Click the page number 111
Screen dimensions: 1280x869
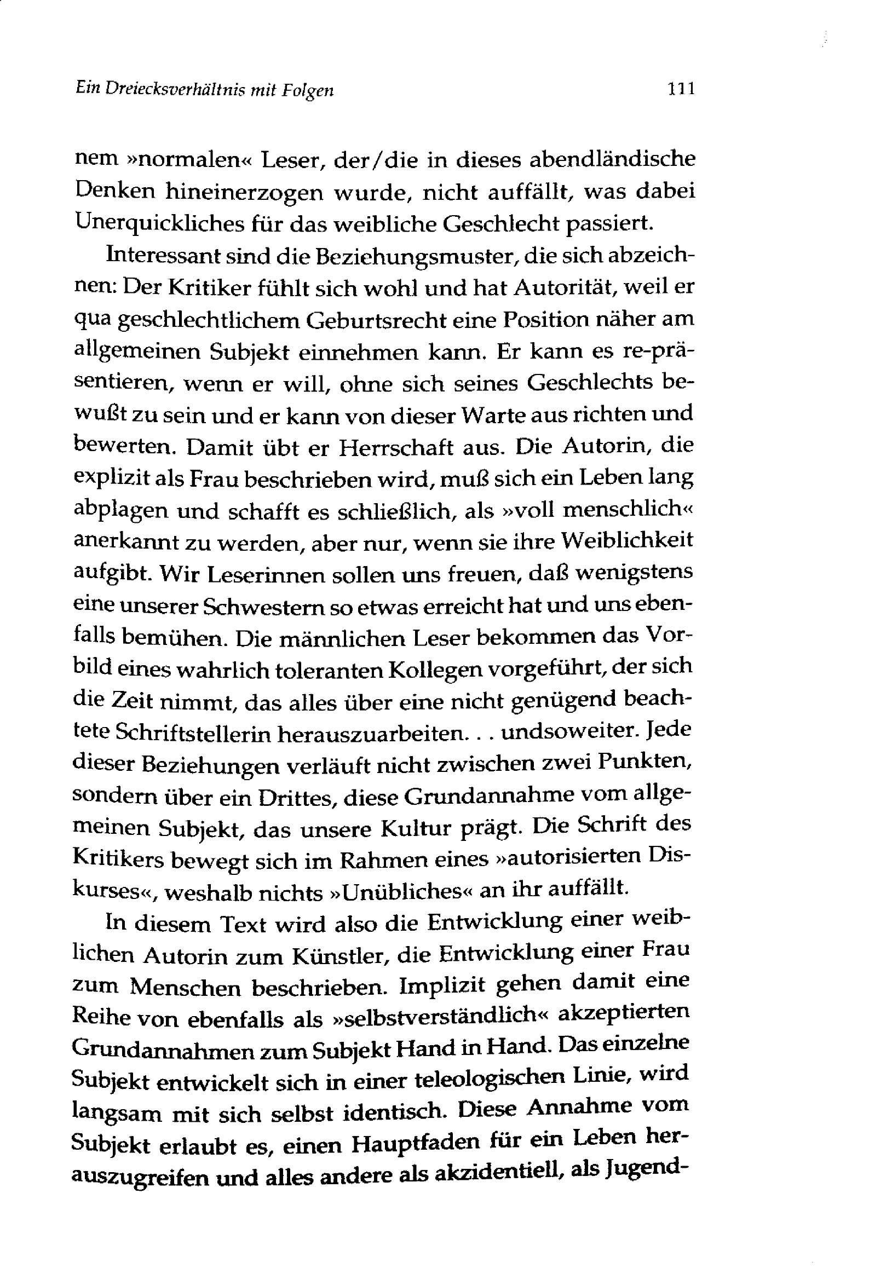680,88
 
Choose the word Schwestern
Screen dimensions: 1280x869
273,606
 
